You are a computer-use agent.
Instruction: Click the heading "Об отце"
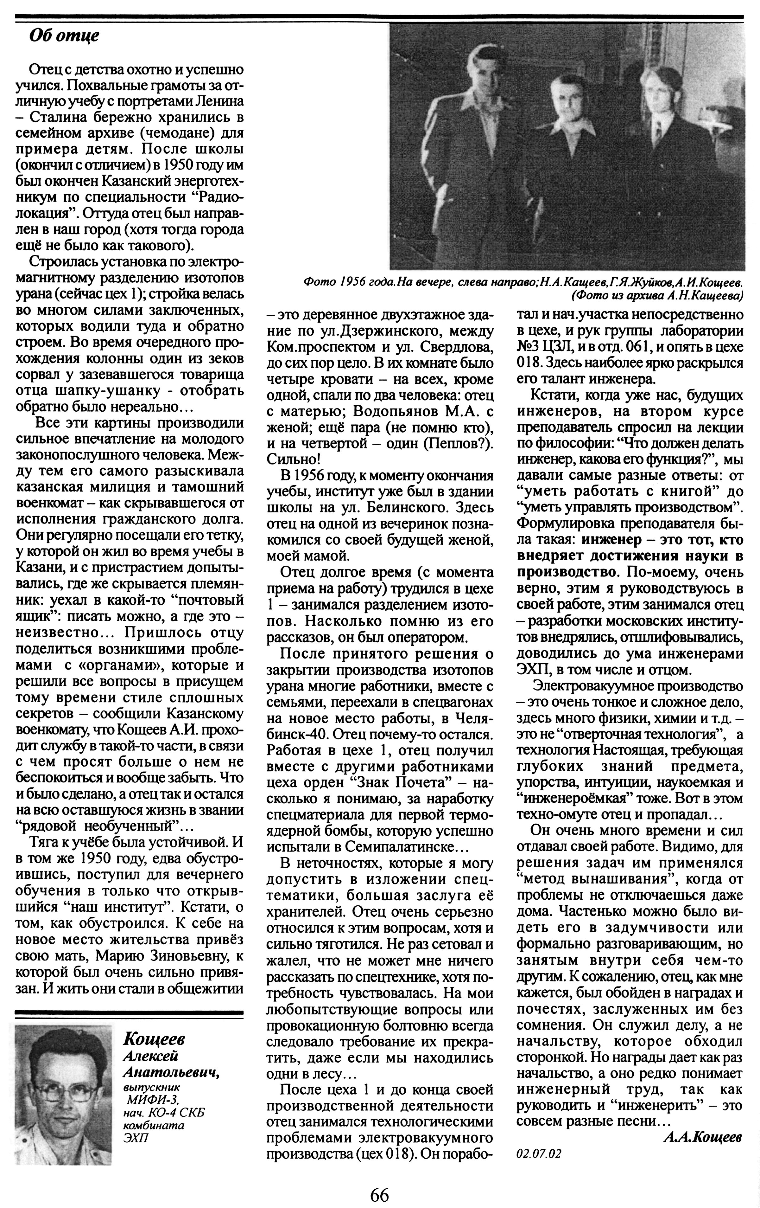point(64,36)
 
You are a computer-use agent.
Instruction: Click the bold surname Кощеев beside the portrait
point(154,1038)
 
